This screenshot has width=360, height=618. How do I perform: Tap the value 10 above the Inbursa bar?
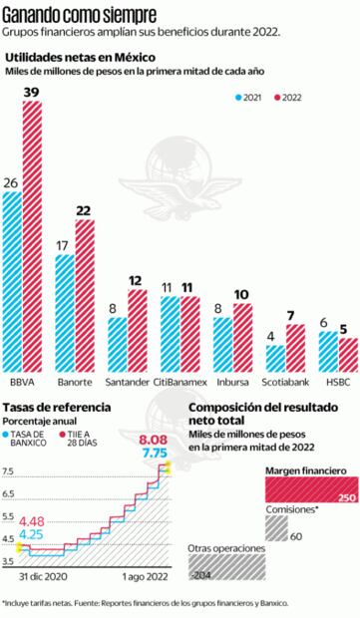tap(242, 294)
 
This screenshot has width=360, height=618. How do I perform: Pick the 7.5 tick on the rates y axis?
tap(9, 470)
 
